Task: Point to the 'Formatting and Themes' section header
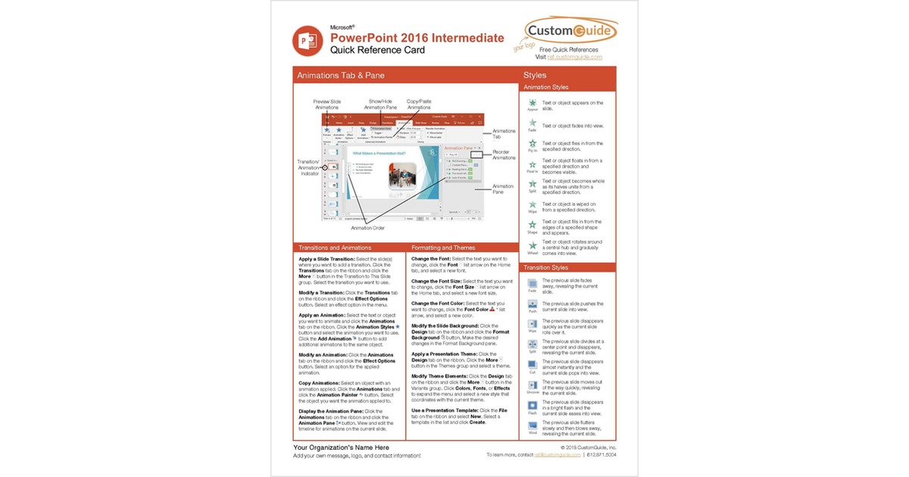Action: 444,248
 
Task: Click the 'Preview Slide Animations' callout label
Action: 327,104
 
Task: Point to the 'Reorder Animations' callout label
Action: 504,155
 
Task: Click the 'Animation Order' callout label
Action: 368,227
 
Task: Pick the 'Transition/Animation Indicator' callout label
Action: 308,166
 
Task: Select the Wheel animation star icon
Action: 533,245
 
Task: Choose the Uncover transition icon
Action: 533,385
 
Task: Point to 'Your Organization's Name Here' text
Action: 341,447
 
